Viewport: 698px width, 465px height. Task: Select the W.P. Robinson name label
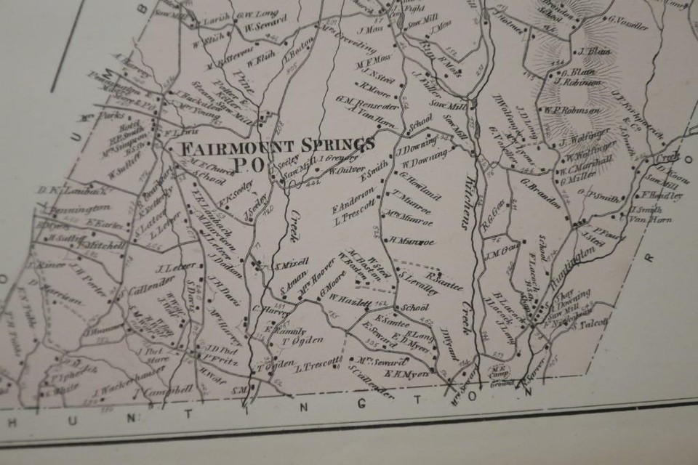572,110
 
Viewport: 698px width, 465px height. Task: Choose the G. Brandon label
540,184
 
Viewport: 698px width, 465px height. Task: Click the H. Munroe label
411,240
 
